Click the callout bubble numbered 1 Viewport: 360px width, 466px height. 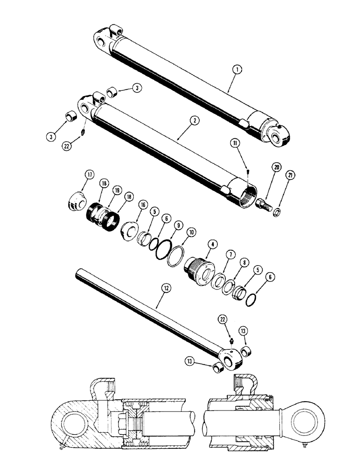(238, 71)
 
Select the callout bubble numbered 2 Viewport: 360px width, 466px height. (195, 120)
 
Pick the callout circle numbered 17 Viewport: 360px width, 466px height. (90, 175)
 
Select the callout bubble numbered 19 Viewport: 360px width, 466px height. (118, 191)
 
